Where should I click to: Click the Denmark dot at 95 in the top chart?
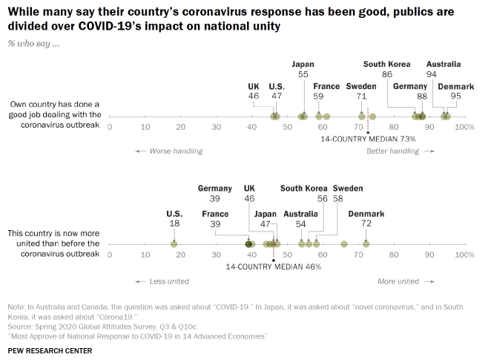[x=447, y=117]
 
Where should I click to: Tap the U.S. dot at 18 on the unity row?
[x=174, y=243]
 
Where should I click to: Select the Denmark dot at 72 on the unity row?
[x=366, y=243]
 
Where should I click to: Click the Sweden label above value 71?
[x=361, y=86]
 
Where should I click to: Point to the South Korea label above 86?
[x=387, y=64]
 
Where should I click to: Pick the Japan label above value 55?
[x=303, y=64]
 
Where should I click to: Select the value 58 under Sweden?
[x=338, y=200]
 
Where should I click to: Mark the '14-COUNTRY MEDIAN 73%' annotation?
[x=357, y=139]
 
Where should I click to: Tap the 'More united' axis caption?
[x=398, y=281]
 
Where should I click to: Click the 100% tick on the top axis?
[x=464, y=128]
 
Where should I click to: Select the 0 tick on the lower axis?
[x=110, y=255]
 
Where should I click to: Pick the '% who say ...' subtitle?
[x=33, y=43]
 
